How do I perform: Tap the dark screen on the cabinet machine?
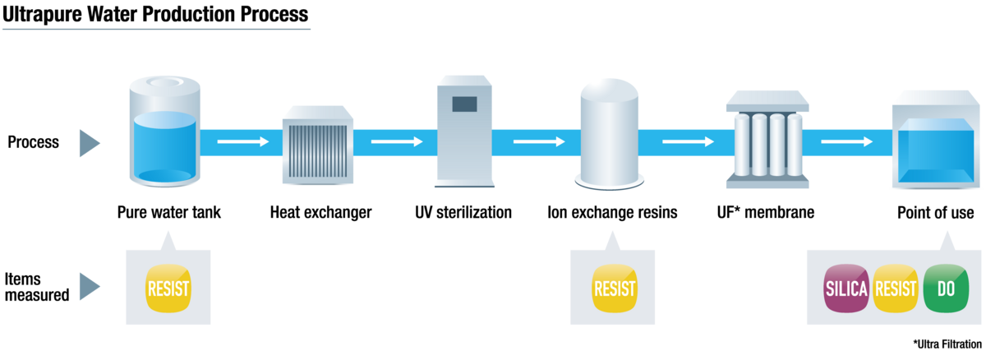coord(464,104)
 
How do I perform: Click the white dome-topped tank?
coord(609,132)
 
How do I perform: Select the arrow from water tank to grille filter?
coord(242,142)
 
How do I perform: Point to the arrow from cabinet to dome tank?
coord(539,142)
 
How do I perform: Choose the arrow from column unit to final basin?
coord(846,142)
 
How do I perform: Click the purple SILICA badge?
coord(846,288)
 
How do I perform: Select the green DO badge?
coord(946,288)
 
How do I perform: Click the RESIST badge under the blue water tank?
coord(168,288)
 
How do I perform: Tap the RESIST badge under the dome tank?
coord(615,288)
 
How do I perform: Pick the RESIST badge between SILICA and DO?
coord(896,288)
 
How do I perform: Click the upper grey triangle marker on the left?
coord(88,143)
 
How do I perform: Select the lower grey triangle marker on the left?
coord(88,287)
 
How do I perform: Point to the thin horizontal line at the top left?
coord(156,30)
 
